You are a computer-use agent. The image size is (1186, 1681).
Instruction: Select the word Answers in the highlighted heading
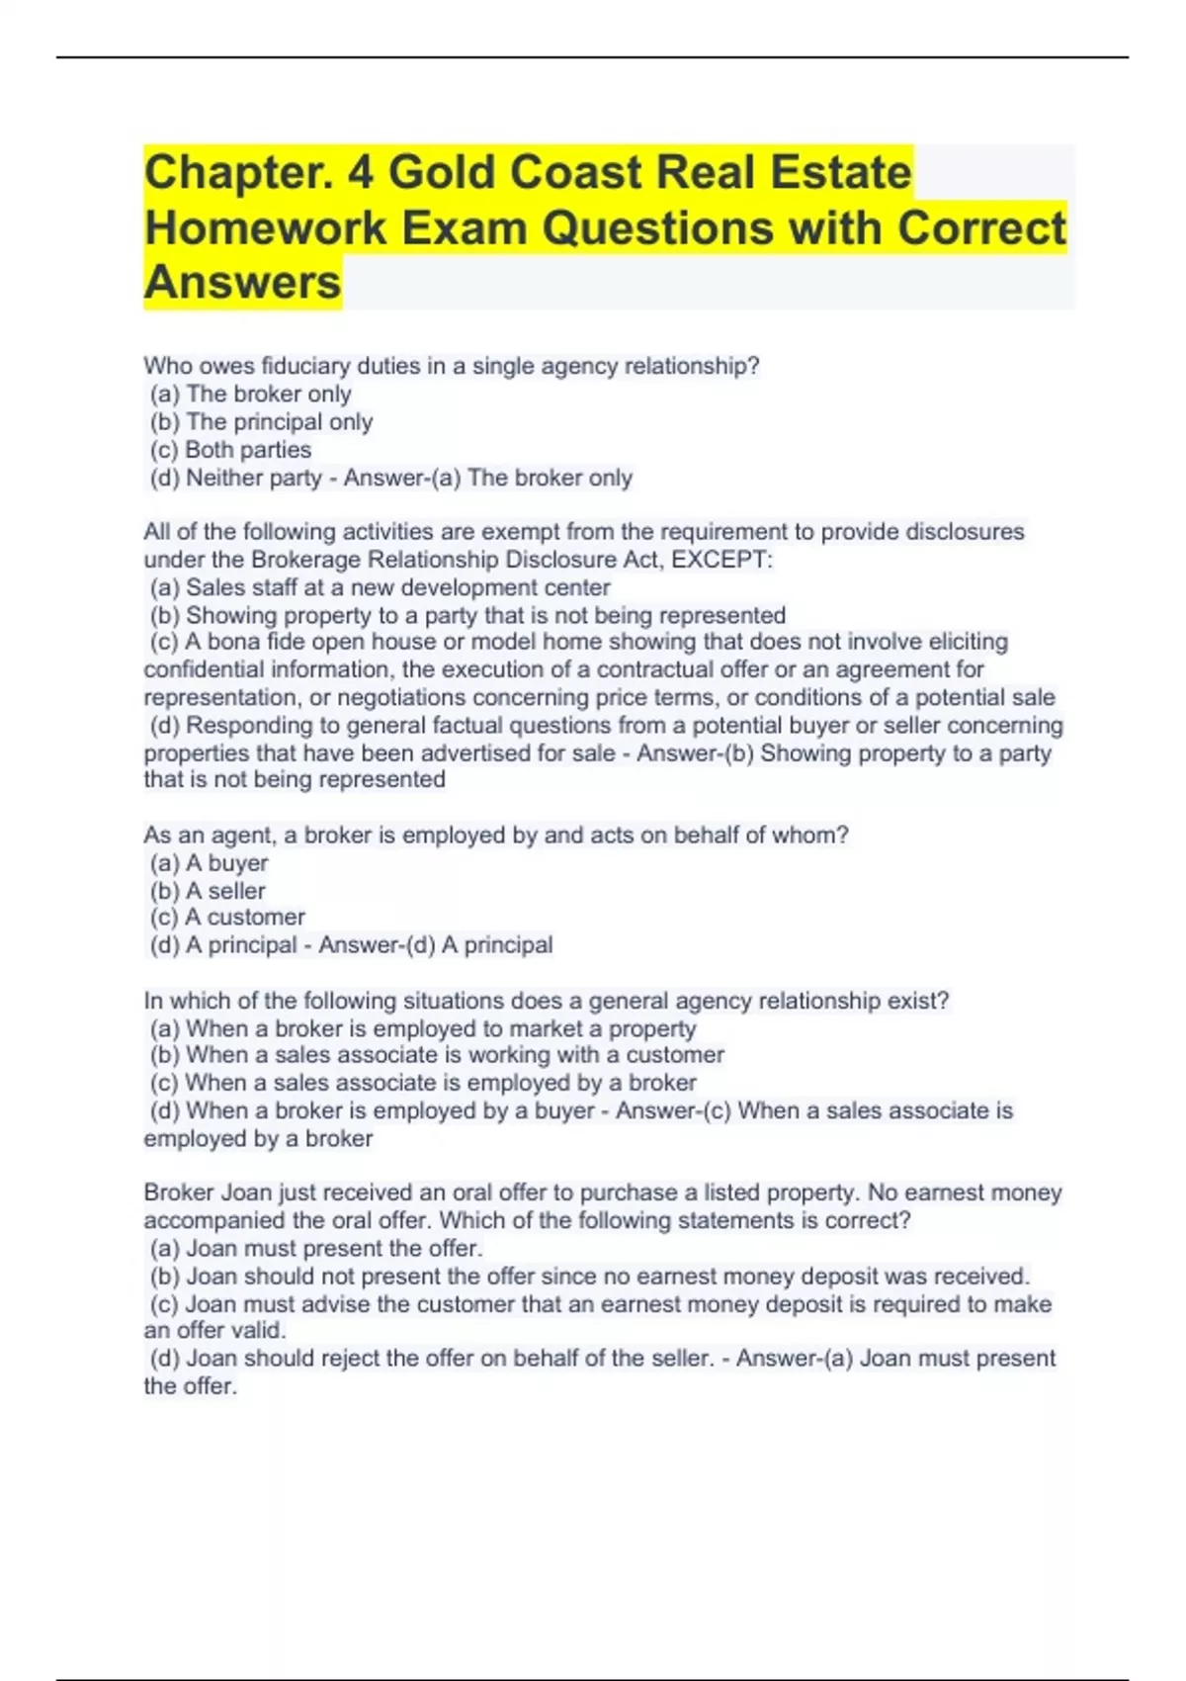point(242,282)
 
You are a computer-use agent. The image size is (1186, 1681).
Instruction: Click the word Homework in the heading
point(266,228)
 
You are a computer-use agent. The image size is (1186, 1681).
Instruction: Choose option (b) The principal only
point(262,422)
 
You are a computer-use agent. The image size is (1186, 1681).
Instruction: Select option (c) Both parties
point(231,450)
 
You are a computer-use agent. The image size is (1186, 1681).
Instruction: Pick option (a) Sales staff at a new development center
point(381,587)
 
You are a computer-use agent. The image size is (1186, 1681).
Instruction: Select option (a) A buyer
point(210,863)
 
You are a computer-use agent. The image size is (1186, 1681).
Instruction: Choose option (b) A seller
point(209,891)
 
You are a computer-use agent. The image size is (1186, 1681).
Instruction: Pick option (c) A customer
point(228,918)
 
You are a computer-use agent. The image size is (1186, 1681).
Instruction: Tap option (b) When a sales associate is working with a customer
point(438,1055)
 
